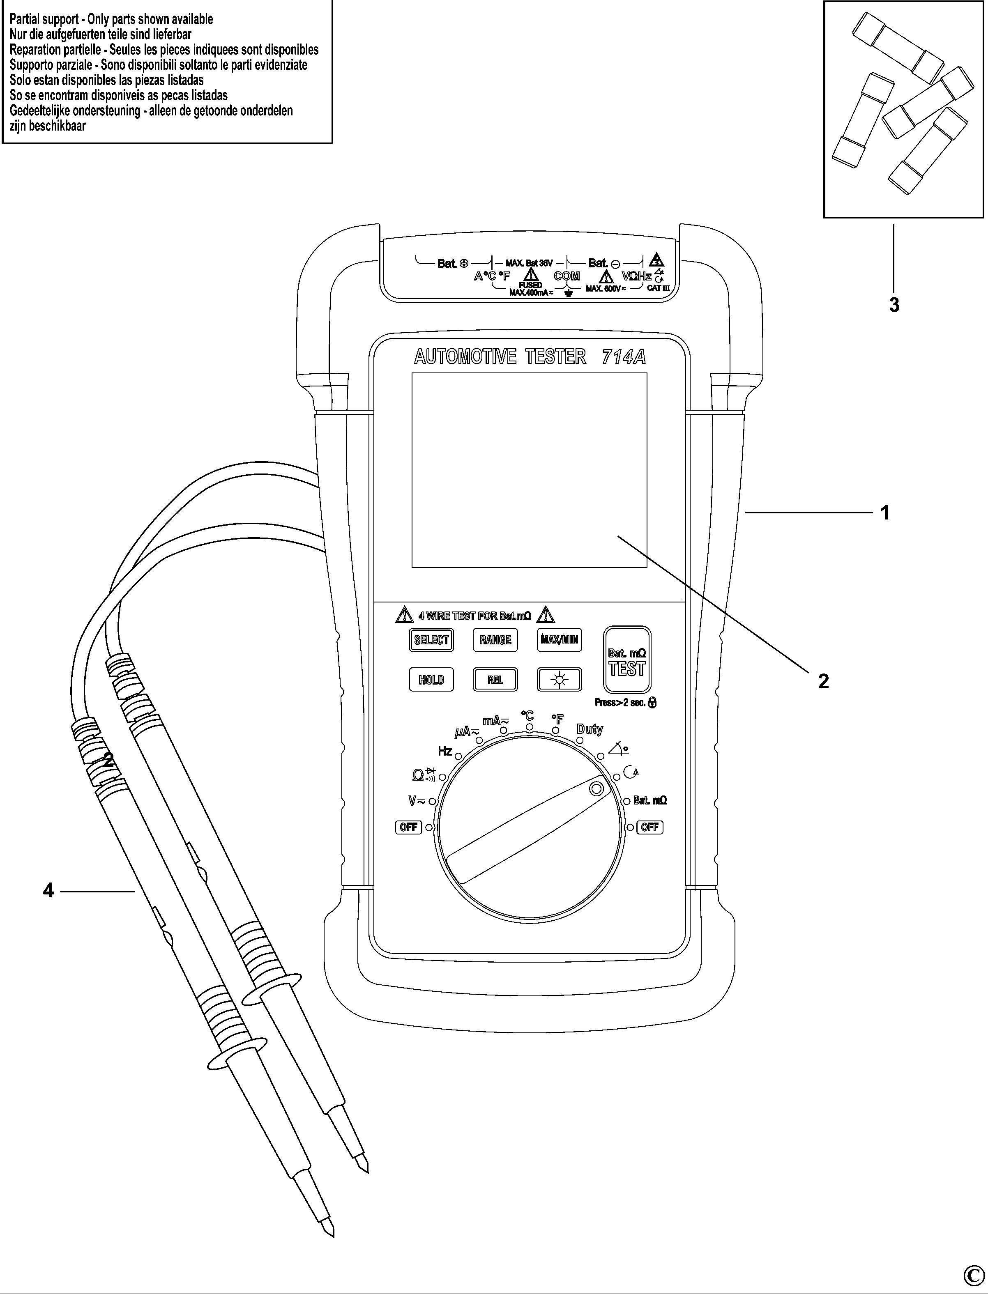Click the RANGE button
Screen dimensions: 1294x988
(x=495, y=640)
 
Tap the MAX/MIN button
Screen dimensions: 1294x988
(x=559, y=640)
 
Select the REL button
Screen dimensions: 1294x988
(x=495, y=680)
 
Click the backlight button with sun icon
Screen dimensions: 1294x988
(x=559, y=680)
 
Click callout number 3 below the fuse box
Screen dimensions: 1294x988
(x=894, y=305)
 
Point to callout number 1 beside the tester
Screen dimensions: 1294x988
(x=884, y=513)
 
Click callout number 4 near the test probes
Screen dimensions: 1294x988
(x=48, y=891)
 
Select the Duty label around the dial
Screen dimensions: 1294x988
(x=589, y=729)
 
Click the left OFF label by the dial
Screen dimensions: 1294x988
(x=408, y=827)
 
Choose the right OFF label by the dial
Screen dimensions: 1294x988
(x=650, y=827)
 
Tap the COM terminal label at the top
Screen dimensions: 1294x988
(x=567, y=276)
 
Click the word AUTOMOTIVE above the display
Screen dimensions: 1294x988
(x=465, y=357)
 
